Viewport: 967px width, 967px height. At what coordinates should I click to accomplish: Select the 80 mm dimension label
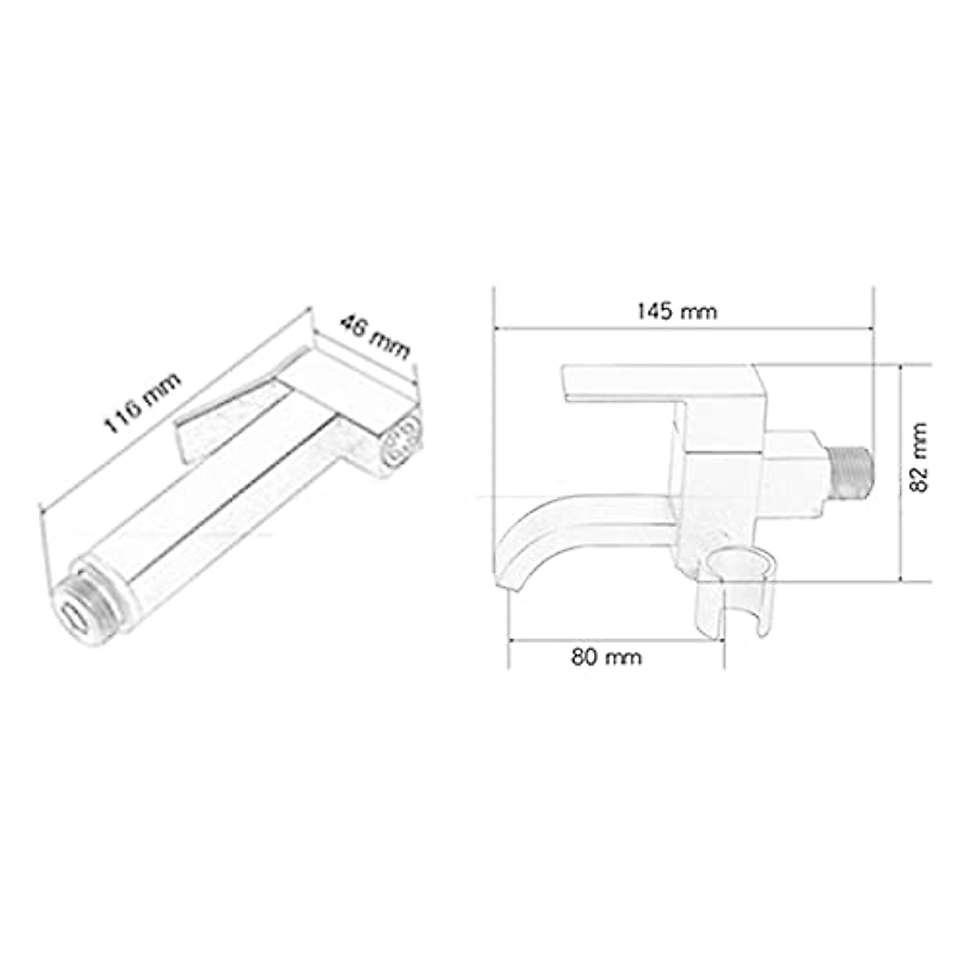pyautogui.click(x=607, y=657)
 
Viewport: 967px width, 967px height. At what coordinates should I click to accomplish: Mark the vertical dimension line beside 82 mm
pyautogui.click(x=900, y=471)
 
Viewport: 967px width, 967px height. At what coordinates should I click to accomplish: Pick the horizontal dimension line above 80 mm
pyautogui.click(x=616, y=641)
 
